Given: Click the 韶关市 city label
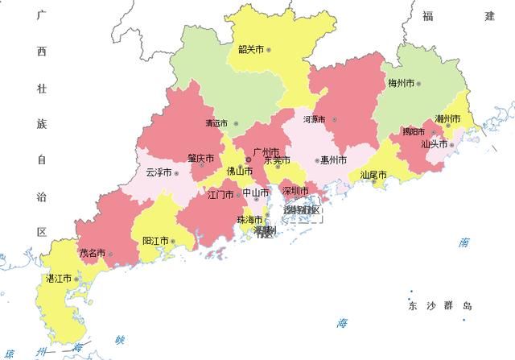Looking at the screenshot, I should [x=250, y=49].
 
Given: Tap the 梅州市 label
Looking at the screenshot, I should [x=401, y=83].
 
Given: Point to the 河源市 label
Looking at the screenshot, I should [x=314, y=119].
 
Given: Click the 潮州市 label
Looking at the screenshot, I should [x=447, y=119].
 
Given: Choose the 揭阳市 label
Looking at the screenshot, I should [x=415, y=131].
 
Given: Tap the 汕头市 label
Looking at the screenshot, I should [x=435, y=145].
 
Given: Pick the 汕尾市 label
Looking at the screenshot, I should [x=373, y=174].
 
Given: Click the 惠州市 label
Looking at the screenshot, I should [x=333, y=159].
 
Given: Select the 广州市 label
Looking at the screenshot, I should [x=266, y=151].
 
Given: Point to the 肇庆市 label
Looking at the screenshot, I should [x=201, y=158].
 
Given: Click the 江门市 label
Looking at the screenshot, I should [x=220, y=194].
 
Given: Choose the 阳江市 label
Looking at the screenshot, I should [x=155, y=241].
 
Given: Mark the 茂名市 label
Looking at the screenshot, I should [x=92, y=253].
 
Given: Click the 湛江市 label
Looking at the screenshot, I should [x=59, y=279].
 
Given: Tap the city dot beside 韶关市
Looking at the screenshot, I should [x=269, y=50].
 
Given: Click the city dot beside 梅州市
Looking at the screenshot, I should [x=418, y=83].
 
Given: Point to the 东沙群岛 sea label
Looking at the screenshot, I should [x=439, y=306].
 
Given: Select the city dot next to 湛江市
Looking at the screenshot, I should [x=77, y=279].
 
